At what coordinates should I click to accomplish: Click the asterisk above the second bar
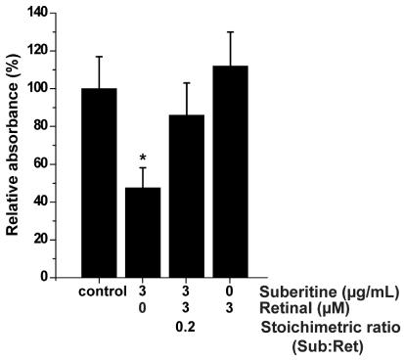point(143,158)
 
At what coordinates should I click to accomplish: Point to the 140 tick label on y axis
point(37,13)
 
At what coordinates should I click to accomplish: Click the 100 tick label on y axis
point(37,88)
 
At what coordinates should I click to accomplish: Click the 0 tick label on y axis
point(44,277)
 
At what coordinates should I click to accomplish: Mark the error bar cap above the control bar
point(99,57)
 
